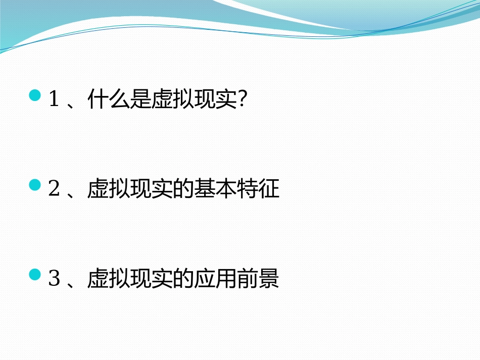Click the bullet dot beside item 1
(35, 95)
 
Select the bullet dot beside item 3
(35, 275)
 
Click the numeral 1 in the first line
(54, 100)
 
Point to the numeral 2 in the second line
(54, 190)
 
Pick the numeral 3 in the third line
(54, 280)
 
